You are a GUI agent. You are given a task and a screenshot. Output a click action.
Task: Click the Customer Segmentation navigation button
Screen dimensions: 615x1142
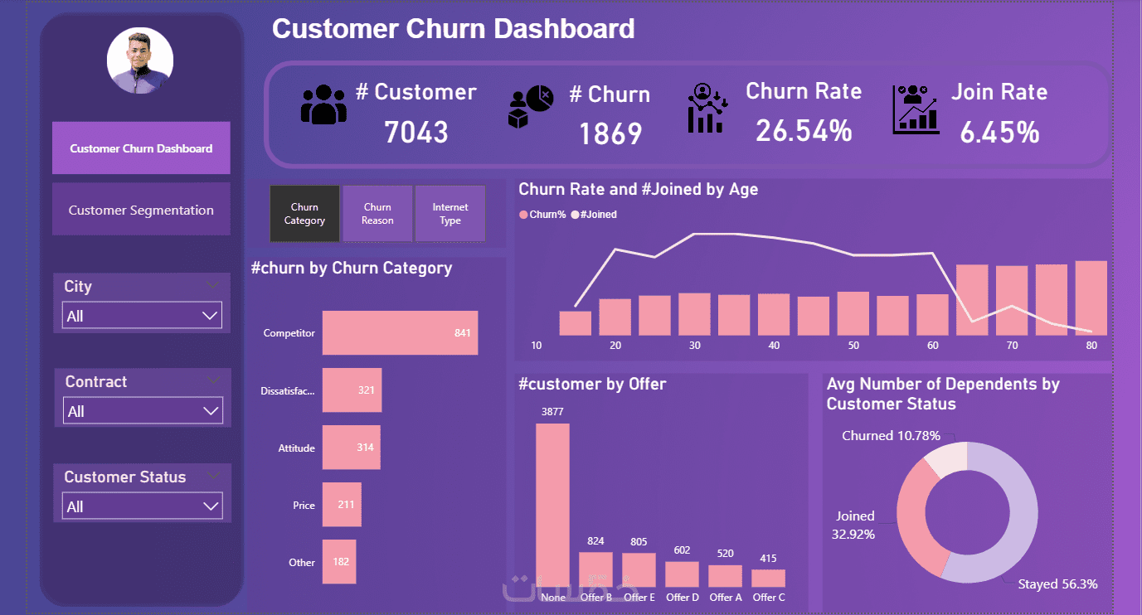click(x=141, y=211)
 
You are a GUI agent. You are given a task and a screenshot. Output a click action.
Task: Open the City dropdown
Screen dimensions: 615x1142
click(x=142, y=316)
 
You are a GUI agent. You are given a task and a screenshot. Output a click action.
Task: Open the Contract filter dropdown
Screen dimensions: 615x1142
click(x=143, y=411)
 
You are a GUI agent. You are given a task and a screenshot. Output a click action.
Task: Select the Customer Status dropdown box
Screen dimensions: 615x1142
click(x=143, y=506)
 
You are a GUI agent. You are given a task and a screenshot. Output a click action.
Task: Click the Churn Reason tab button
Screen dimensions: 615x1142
click(x=377, y=214)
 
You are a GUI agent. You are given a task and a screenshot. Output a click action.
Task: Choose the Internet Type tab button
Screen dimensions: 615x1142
click(x=450, y=214)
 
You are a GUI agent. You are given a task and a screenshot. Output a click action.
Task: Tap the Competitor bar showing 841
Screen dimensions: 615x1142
click(x=400, y=333)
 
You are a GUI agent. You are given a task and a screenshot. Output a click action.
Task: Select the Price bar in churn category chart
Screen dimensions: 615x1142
click(x=342, y=505)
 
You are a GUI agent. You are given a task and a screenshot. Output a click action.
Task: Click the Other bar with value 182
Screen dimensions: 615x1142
click(x=339, y=562)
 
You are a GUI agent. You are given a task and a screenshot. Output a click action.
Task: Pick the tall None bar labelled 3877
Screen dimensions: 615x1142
click(x=552, y=506)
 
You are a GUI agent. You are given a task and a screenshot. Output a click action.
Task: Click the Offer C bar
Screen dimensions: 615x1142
click(x=768, y=578)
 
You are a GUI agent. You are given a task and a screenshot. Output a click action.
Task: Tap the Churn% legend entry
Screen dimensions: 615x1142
click(x=543, y=215)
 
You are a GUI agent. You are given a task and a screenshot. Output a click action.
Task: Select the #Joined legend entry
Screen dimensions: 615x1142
click(x=595, y=215)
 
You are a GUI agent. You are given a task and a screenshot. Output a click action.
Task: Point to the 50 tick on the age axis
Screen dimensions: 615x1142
click(x=853, y=346)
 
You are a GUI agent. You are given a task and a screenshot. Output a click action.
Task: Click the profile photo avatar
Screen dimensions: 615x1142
click(x=140, y=61)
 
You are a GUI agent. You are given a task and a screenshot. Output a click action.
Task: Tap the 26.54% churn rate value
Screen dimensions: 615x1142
click(x=804, y=130)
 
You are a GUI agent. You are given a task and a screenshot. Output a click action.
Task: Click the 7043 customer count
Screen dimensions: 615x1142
click(x=416, y=132)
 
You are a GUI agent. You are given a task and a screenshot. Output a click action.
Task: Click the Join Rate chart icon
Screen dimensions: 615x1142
click(x=916, y=109)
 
